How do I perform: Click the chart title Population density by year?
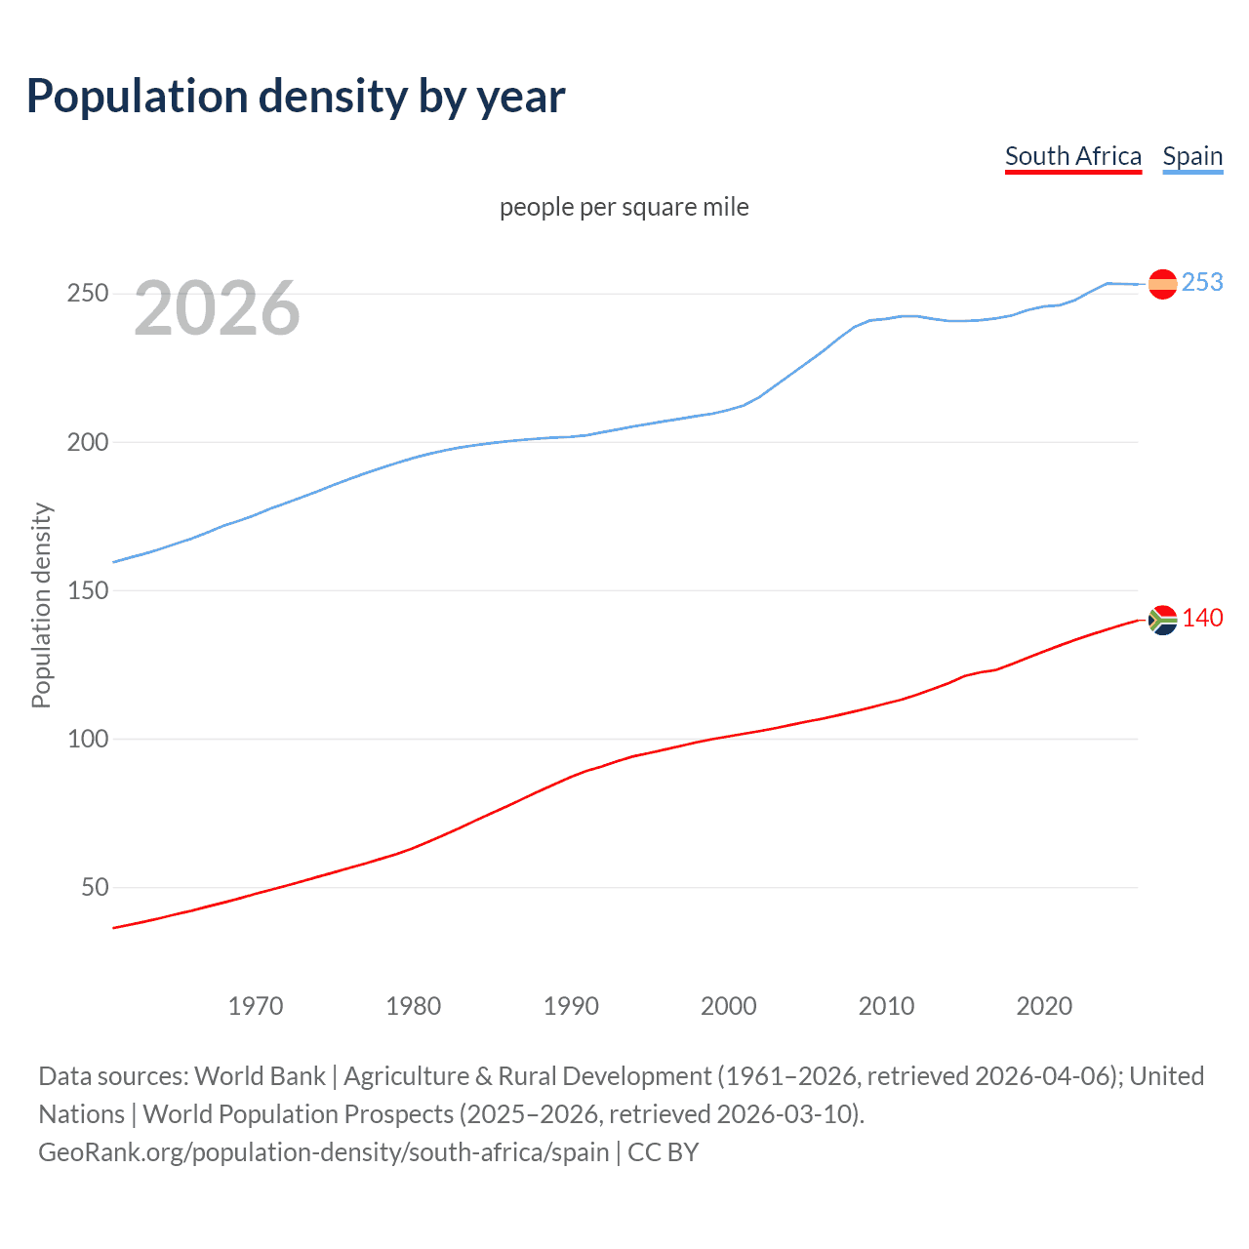296,97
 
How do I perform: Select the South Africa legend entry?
1072,157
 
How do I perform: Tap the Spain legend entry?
1192,157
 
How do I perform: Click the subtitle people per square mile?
624,207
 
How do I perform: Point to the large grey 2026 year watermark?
217,308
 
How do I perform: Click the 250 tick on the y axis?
87,293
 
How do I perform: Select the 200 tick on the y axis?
87,442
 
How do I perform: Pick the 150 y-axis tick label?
87,590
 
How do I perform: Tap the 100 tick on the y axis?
87,739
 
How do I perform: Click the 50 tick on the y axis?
95,887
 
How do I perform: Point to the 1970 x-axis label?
256,1006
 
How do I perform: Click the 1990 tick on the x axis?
571,1006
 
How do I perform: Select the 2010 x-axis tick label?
886,1006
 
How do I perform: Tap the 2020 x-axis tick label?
1044,1006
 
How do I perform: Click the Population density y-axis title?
41,605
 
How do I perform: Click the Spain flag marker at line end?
1162,284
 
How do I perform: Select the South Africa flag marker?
1162,620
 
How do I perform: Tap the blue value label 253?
1202,282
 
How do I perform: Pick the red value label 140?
1202,618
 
